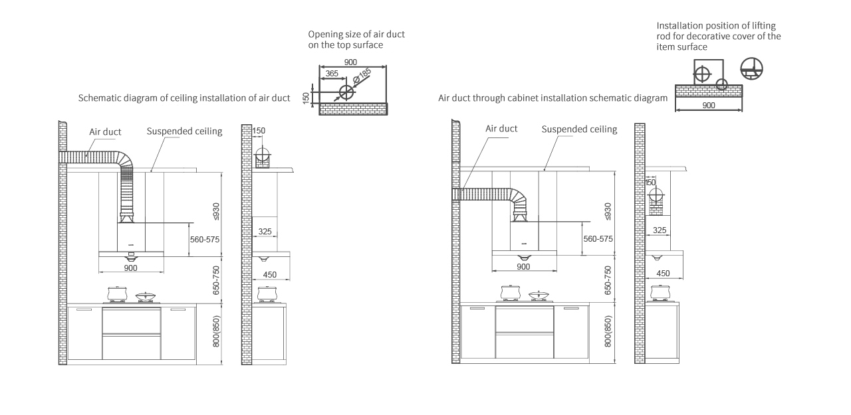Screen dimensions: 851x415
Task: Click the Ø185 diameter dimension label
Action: coord(362,76)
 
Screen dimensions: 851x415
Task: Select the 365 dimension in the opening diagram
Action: coord(332,74)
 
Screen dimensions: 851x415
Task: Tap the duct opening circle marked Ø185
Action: coord(346,92)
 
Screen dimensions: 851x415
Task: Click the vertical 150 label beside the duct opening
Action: coord(306,98)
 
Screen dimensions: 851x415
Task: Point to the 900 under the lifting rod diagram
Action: coord(709,106)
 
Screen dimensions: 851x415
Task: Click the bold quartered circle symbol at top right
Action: coord(751,68)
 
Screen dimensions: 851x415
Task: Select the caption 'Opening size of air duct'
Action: coord(356,35)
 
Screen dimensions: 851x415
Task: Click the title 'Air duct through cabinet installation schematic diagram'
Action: coord(552,98)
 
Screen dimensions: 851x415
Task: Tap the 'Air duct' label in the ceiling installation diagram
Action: coord(105,132)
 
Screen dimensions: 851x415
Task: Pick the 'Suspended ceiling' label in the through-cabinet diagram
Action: coord(579,129)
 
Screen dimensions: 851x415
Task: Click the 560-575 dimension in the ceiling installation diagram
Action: coord(205,240)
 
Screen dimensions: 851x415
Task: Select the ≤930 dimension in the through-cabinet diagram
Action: coord(608,212)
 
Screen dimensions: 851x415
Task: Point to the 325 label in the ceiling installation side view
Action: coord(265,231)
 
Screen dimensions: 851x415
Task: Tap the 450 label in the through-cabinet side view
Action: coord(663,274)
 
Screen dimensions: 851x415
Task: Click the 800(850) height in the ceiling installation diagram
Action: coord(216,331)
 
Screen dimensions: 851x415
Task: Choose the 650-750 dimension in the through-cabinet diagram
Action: coord(608,280)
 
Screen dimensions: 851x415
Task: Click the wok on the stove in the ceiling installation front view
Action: coord(146,296)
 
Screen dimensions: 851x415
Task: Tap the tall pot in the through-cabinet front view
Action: coord(510,292)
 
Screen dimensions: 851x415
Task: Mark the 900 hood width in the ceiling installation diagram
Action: coord(131,268)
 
